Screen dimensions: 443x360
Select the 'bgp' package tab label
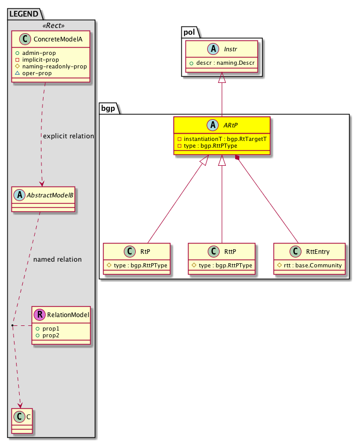108,109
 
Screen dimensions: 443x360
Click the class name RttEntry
318,252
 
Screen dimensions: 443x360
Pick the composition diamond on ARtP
237,157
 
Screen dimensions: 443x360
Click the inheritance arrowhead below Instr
222,78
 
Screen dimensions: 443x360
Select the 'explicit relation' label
68,136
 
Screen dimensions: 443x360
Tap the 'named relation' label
57,259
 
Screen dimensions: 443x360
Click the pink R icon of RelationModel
38,315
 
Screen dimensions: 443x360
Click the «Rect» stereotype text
51,24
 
